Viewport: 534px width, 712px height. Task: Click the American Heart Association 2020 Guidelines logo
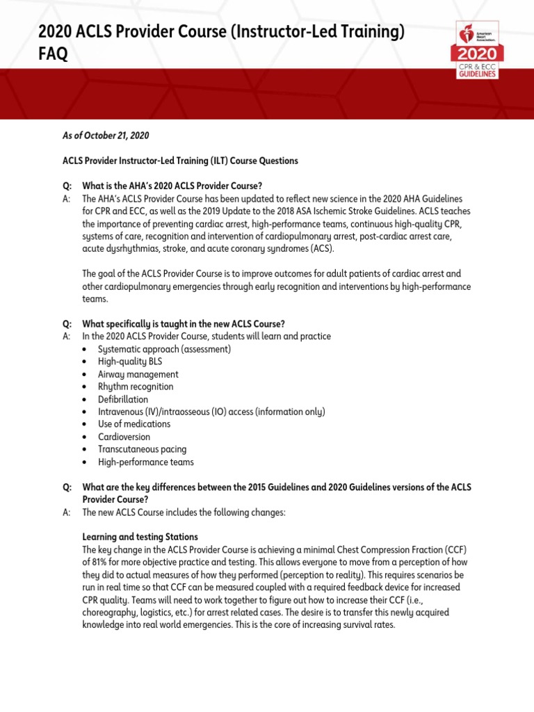[476, 50]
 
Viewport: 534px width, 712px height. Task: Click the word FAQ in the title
[53, 54]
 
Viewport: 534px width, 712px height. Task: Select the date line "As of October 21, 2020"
[106, 136]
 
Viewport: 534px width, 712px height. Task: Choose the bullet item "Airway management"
[138, 374]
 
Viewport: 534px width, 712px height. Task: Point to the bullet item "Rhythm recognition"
[136, 387]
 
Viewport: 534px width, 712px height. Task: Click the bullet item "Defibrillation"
[123, 399]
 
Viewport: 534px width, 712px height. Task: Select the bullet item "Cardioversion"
[124, 437]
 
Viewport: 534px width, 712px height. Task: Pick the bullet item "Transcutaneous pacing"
[142, 449]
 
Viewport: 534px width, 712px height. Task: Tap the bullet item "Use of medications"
[134, 424]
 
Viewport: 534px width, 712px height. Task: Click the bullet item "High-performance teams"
[146, 462]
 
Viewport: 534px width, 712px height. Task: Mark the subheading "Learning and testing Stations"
[140, 537]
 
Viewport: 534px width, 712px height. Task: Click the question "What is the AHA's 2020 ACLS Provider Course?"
[172, 186]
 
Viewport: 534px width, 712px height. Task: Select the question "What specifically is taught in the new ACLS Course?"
[184, 324]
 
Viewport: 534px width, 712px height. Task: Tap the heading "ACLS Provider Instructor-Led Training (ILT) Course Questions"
[180, 161]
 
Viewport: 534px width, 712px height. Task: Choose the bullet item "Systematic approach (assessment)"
[164, 349]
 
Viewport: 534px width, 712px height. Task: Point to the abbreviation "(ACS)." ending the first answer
[321, 249]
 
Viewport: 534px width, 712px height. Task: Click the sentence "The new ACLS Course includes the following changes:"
[184, 512]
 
